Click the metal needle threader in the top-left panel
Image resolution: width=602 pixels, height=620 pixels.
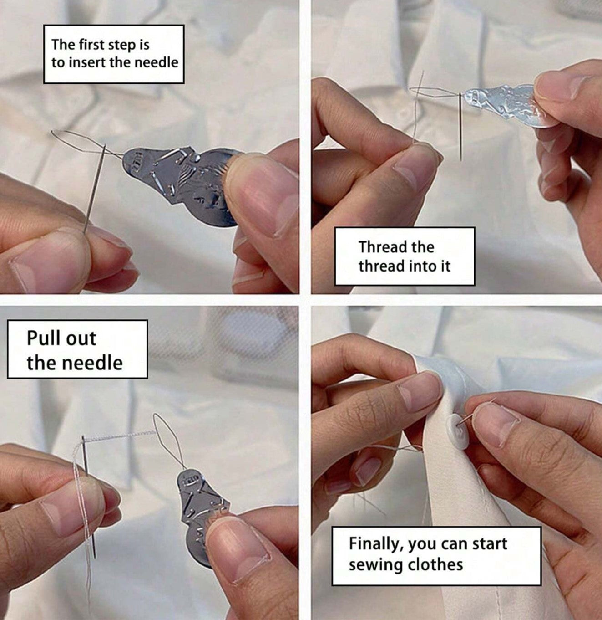pos(182,185)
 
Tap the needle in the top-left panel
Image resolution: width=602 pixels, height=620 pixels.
pos(94,189)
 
